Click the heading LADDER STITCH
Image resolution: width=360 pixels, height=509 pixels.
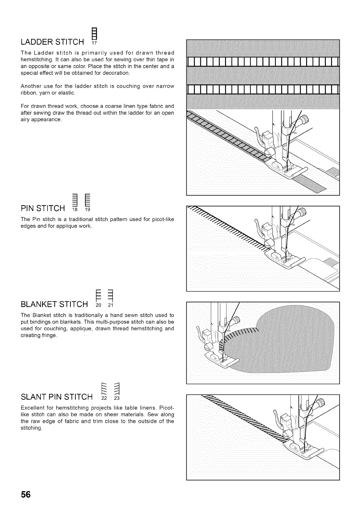pos(52,41)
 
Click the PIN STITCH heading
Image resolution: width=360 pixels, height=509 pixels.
pos(43,209)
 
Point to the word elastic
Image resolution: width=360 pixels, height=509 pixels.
pos(68,93)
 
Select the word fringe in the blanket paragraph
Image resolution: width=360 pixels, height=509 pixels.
pos(49,335)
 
